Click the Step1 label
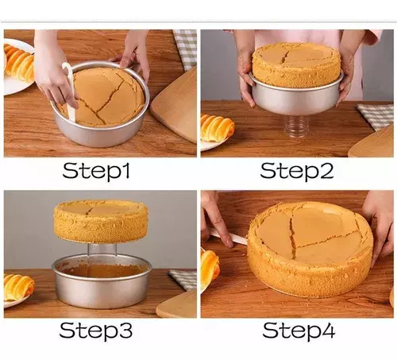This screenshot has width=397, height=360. point(96,171)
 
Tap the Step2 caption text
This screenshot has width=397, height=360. point(297,171)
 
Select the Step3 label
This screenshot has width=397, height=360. point(96,331)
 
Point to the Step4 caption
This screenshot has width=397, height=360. point(299,331)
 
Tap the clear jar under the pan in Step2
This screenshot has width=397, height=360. point(295,127)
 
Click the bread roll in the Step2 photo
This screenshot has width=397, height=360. point(217,128)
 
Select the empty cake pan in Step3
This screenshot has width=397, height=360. point(102,281)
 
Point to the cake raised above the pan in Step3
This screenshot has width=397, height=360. point(101,222)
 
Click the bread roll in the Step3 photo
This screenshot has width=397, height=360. point(18,288)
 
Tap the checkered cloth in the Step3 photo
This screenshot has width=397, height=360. point(183,279)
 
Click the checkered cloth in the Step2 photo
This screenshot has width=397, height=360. point(376,116)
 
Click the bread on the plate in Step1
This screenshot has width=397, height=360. point(19,62)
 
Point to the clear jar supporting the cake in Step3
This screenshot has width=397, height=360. point(102,250)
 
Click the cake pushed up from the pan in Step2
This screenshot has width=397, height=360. point(297,61)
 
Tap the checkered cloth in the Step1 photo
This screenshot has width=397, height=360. point(186,47)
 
